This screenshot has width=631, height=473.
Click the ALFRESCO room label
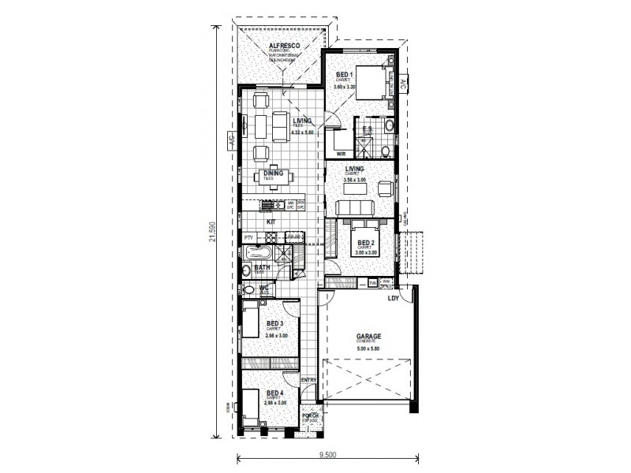click(283, 47)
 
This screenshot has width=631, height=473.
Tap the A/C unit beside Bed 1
click(403, 84)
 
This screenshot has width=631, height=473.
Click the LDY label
click(391, 298)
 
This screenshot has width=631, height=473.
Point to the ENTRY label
click(308, 383)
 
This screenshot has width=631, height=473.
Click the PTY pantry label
click(248, 237)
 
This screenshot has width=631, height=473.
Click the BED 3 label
click(274, 323)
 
